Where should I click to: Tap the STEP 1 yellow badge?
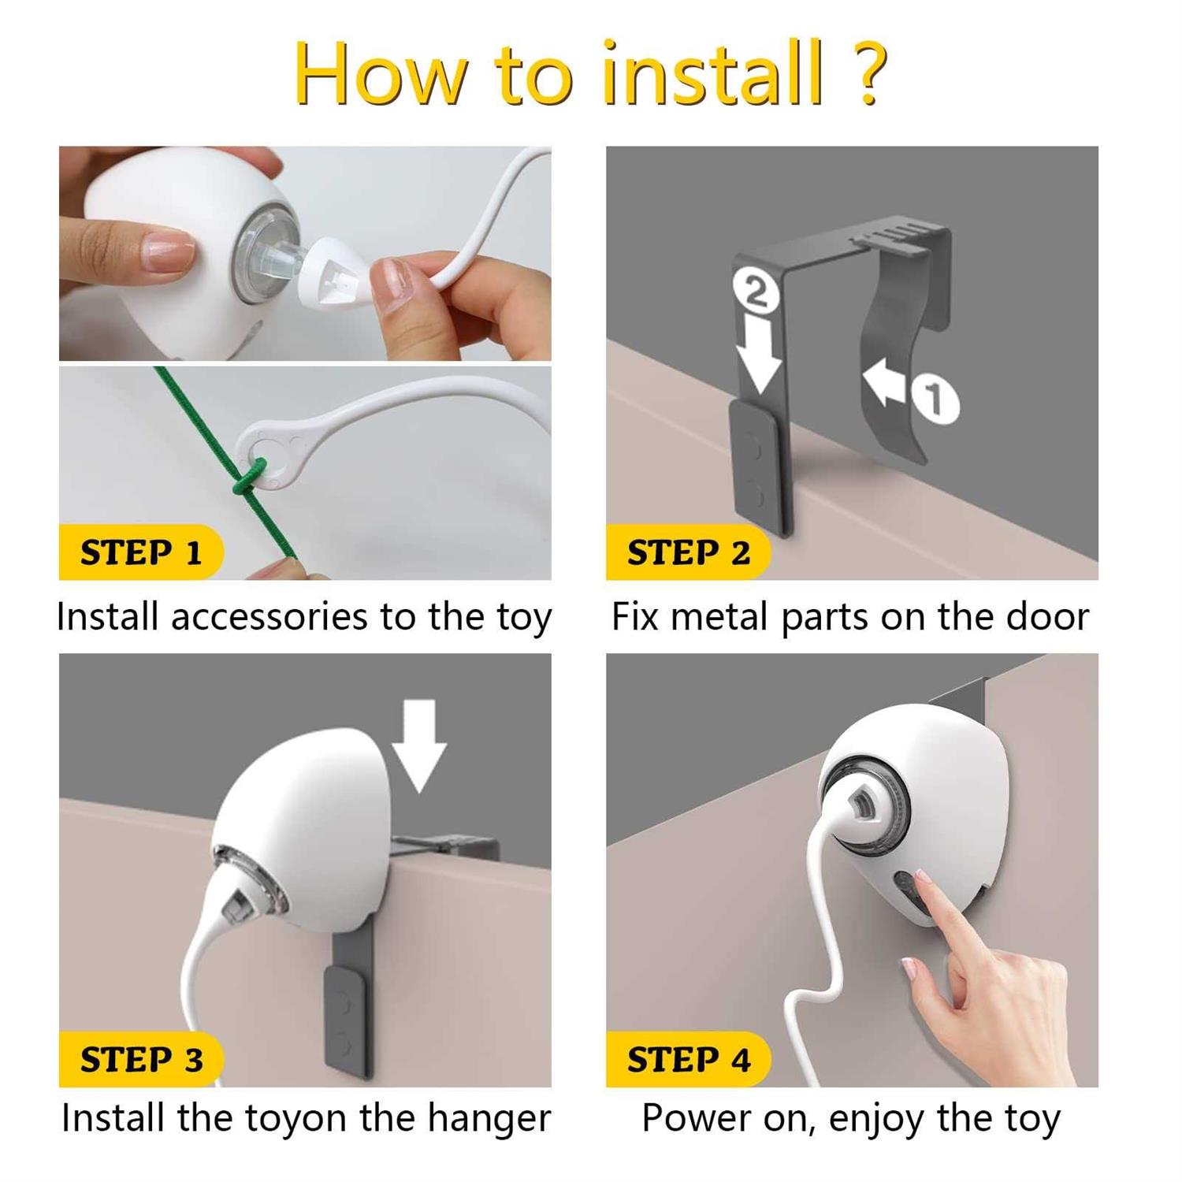(x=140, y=552)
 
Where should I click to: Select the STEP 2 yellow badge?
(x=687, y=552)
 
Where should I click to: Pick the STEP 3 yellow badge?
(x=140, y=1059)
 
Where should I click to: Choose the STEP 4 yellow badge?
(x=687, y=1059)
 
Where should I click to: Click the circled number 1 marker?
(x=935, y=399)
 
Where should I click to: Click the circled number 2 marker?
(x=756, y=292)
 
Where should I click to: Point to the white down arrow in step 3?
(x=419, y=745)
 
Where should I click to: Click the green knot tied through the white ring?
(x=246, y=478)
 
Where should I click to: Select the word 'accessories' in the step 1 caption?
(x=269, y=617)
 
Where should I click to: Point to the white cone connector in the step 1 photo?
(x=331, y=275)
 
